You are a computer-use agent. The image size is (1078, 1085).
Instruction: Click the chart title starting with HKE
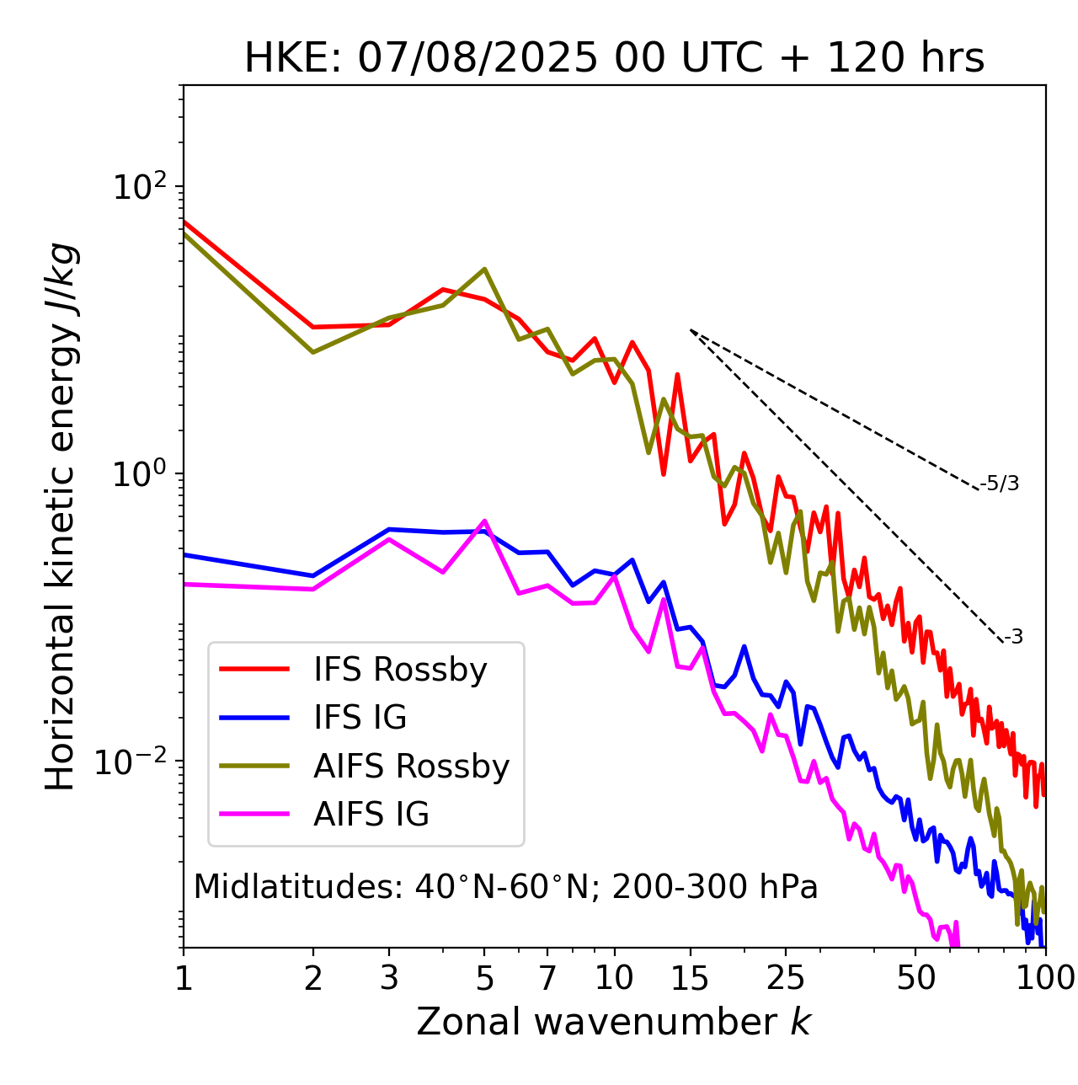click(614, 59)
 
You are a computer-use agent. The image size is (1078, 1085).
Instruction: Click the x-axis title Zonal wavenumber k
click(614, 1021)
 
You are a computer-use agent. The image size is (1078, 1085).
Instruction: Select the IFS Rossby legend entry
click(400, 670)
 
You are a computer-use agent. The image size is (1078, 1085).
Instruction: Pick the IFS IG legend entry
click(360, 718)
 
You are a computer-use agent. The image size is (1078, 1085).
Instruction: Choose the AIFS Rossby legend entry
click(411, 767)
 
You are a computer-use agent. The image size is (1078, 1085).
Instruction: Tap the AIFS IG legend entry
click(371, 815)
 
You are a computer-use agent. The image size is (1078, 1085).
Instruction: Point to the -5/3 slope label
click(1000, 484)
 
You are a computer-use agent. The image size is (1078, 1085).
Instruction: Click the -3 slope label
click(1013, 638)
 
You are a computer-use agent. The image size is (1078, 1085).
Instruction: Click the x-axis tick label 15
click(691, 978)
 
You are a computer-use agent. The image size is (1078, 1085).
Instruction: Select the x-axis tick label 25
click(786, 978)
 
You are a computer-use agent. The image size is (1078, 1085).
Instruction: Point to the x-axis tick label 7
click(548, 978)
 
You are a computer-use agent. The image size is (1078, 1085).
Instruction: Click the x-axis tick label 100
click(1044, 978)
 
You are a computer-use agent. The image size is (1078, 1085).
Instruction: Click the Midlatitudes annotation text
click(505, 887)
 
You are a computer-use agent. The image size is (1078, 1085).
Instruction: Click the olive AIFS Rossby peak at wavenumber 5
click(484, 270)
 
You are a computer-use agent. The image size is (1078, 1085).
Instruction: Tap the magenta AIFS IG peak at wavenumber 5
click(484, 521)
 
